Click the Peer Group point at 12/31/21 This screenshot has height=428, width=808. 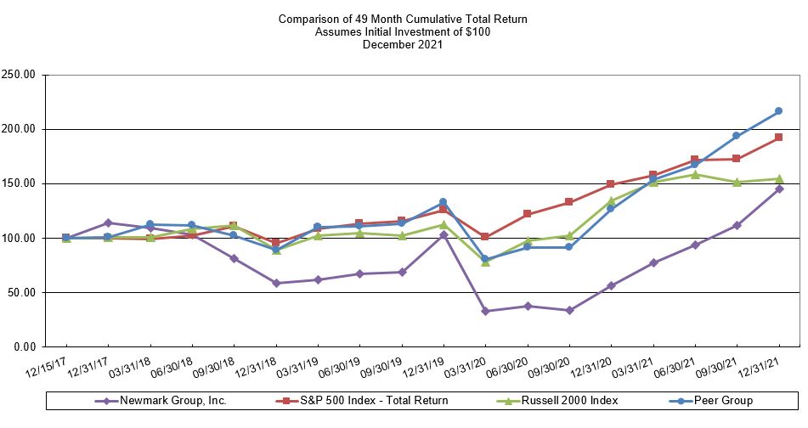[x=778, y=111]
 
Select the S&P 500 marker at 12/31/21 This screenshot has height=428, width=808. [x=778, y=138]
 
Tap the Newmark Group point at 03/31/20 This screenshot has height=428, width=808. [x=485, y=312]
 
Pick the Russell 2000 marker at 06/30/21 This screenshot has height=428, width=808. [x=695, y=175]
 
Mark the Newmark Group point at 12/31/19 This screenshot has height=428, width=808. [x=444, y=234]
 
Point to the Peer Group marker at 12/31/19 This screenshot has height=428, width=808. [x=444, y=202]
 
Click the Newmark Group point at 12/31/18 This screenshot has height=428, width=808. [x=276, y=283]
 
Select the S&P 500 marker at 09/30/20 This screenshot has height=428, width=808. [x=569, y=202]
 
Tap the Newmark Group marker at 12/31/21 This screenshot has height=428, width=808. [x=778, y=189]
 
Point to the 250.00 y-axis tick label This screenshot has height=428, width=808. [x=18, y=75]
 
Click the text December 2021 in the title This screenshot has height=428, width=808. [x=403, y=45]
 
